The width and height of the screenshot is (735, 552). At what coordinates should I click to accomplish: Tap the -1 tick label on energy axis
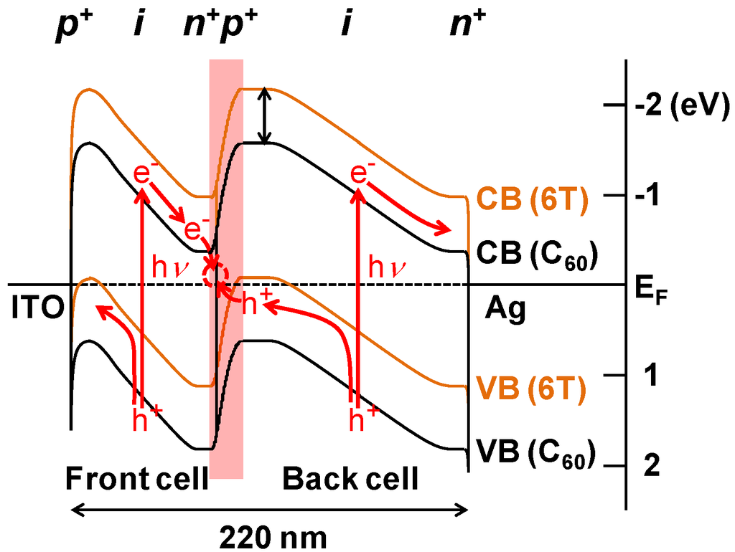click(650, 196)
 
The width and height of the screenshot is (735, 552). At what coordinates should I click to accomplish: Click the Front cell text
click(136, 479)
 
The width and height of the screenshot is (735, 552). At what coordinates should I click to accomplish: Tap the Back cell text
click(350, 479)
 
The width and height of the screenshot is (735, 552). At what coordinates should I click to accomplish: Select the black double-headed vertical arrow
click(266, 116)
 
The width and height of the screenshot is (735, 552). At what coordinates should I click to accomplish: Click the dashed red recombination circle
click(215, 274)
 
